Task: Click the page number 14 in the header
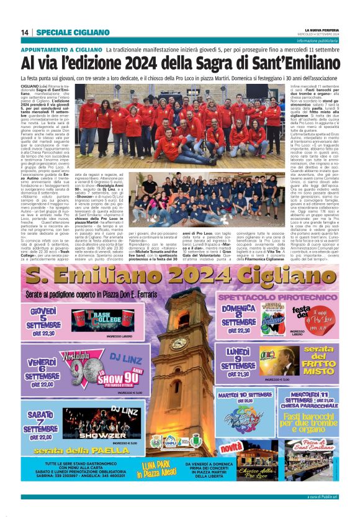pyautogui.click(x=25, y=32)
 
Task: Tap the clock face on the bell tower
pyautogui.click(x=179, y=343)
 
